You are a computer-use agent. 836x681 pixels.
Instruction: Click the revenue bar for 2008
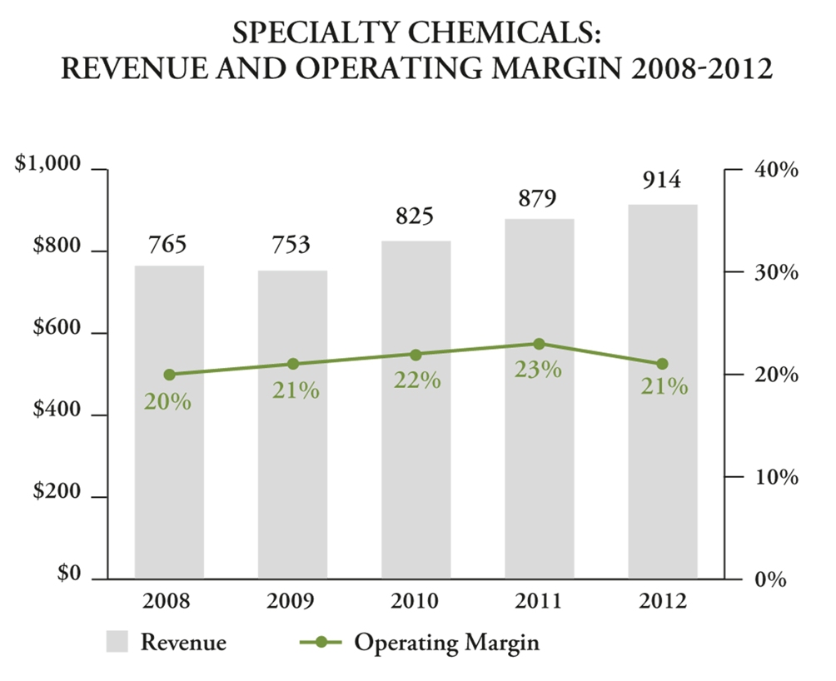169,466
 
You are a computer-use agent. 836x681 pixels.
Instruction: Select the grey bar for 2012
662,466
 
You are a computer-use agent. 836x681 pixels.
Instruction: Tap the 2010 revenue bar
416,466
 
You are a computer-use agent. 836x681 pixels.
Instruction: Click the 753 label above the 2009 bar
291,246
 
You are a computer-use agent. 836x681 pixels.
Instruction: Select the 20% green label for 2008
168,401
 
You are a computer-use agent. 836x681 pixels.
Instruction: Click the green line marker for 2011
539,344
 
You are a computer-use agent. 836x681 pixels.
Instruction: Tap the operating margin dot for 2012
662,364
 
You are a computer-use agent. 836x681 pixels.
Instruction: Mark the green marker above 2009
292,364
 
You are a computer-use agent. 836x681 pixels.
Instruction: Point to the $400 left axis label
57,413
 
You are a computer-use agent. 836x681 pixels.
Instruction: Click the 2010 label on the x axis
416,601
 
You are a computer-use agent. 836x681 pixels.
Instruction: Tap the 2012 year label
662,601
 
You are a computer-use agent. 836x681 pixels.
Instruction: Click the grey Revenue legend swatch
117,642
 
